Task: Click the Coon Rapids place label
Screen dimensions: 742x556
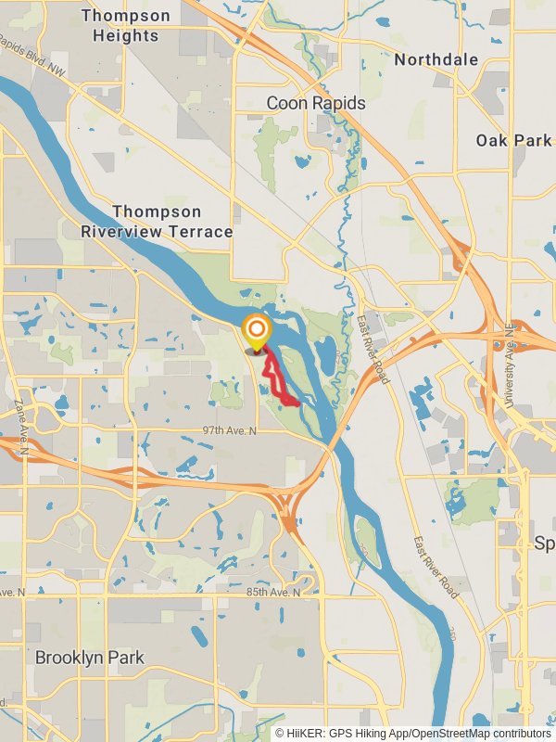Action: click(x=316, y=103)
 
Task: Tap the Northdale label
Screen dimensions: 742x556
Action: click(x=436, y=59)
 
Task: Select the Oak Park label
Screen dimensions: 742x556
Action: click(x=513, y=140)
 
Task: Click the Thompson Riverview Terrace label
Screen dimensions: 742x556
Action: click(x=157, y=222)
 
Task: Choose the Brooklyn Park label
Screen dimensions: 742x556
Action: click(x=90, y=658)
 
